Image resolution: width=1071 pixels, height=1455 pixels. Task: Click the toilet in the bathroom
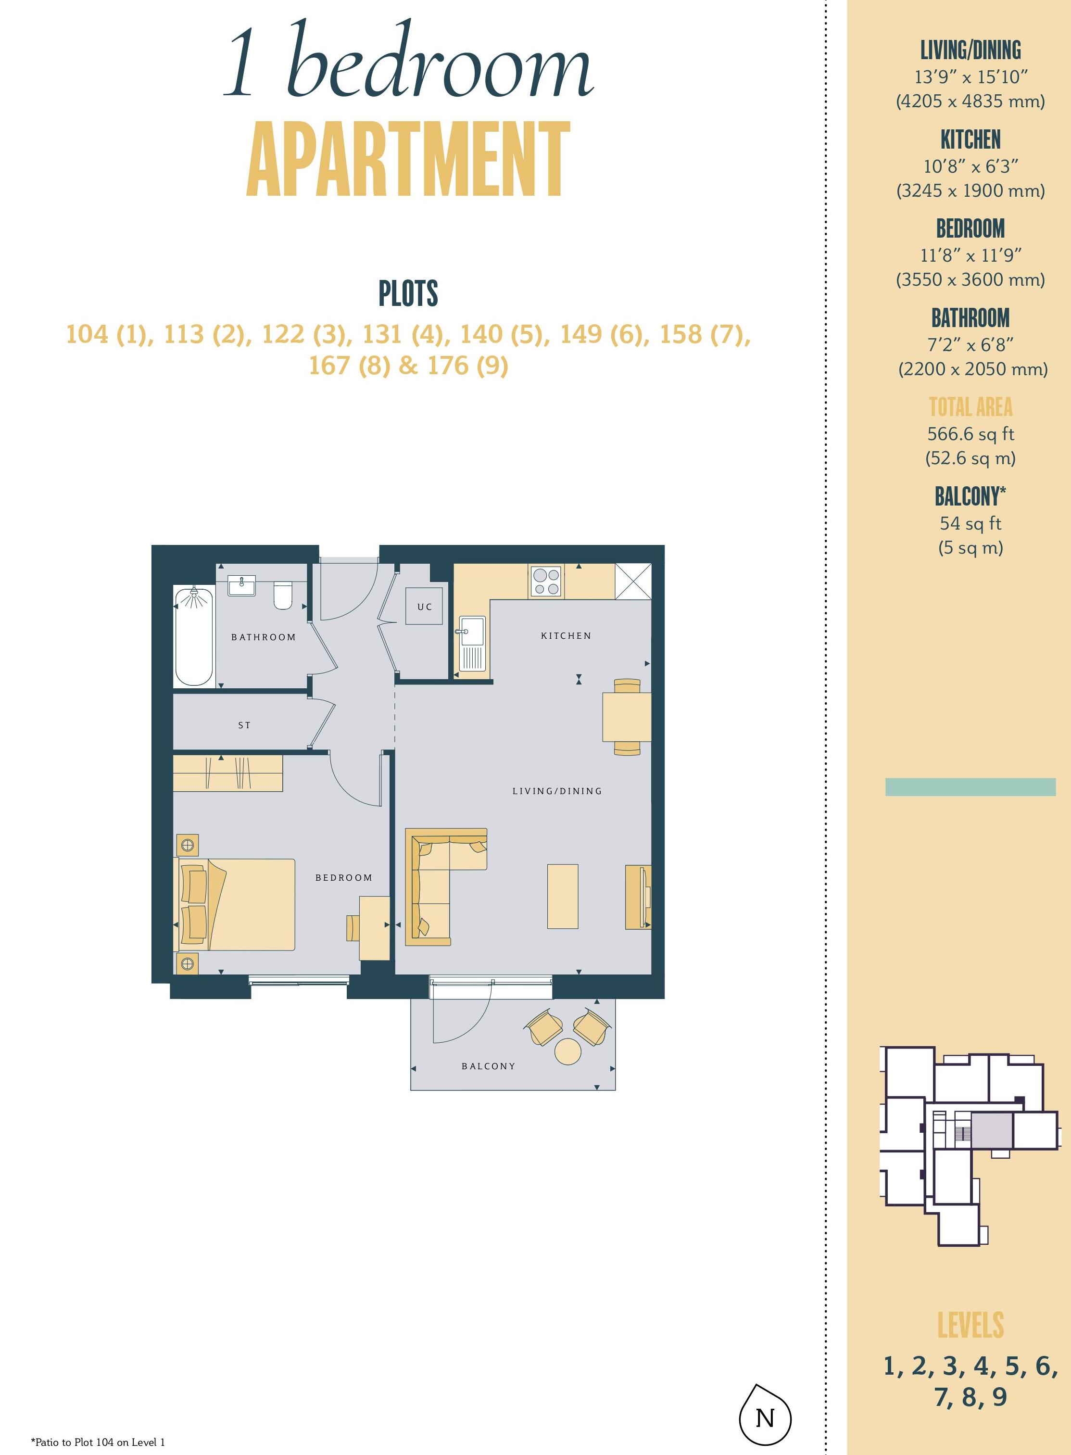coord(283,595)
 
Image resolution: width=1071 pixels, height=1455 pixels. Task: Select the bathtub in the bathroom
coord(194,636)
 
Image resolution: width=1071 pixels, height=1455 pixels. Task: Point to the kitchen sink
coord(471,643)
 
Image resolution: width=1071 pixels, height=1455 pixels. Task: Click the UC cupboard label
coord(425,607)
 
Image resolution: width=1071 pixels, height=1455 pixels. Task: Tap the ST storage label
coord(244,725)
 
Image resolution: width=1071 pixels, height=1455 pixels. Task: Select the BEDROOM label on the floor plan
coord(343,877)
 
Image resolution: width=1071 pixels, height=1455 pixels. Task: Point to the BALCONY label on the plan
coord(488,1066)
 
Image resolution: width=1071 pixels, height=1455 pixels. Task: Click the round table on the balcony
coord(568,1051)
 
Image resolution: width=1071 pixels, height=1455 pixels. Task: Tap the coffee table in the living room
coord(563,896)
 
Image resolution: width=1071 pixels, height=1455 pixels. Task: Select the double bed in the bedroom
coord(235,905)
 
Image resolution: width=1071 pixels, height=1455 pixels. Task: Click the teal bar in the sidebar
coord(970,786)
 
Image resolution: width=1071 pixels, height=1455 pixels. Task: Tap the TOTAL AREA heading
coord(970,406)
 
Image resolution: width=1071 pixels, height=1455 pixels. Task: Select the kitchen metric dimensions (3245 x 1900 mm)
coord(970,190)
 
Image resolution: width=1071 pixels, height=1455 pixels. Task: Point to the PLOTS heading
coord(408,294)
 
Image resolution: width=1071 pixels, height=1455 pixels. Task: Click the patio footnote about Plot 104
coord(98,1442)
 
